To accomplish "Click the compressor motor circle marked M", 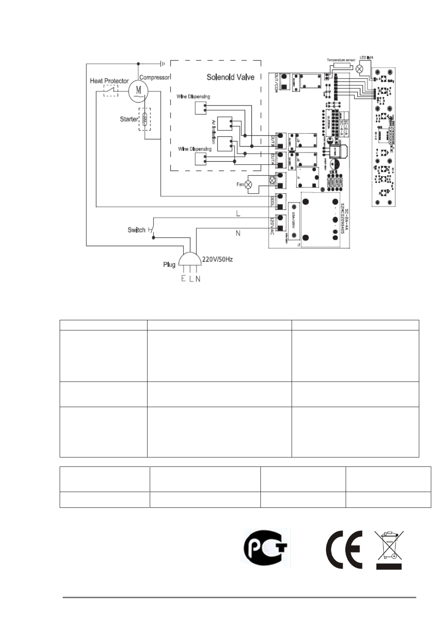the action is (138, 90).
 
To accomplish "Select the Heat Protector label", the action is (109, 81).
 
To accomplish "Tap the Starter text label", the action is (129, 119).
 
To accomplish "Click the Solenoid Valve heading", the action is (230, 77).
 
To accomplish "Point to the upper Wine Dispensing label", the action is (193, 97).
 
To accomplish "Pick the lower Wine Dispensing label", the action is (195, 149).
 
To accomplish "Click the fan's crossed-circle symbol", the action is (248, 185).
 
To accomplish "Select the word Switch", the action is (136, 230).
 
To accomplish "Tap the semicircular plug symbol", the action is (190, 259).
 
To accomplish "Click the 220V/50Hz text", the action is (218, 259).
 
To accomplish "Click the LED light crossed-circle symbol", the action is (360, 69).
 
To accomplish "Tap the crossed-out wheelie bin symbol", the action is (389, 549).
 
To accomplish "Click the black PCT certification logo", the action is (265, 547).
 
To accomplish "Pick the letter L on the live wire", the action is (238, 214).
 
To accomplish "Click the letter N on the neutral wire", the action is (238, 233).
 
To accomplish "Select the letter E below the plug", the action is (183, 279).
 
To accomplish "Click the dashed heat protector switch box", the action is (111, 91).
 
